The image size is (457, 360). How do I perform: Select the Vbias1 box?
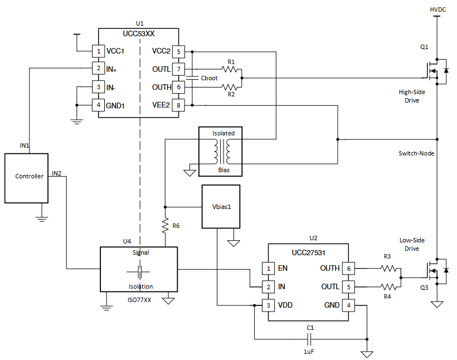pos(221,206)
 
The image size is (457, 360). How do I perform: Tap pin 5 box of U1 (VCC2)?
pos(178,52)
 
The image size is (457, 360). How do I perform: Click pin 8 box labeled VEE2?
pos(178,104)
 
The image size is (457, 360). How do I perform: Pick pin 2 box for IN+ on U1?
pos(98,69)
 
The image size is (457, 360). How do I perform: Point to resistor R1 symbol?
pos(230,69)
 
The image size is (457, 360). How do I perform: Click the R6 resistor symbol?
pos(165,226)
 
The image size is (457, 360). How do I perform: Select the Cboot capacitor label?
pos(209,78)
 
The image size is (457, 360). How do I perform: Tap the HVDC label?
pos(438,9)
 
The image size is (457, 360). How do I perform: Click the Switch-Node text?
pos(416,153)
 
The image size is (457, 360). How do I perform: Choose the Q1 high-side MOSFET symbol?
pos(434,71)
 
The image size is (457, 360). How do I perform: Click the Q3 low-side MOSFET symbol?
pos(435,271)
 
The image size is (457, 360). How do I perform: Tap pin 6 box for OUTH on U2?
pos(348,268)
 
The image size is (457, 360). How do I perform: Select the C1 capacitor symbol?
pos(310,339)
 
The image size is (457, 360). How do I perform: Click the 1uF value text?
pos(310,352)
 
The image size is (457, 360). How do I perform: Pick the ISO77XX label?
pos(139,300)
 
